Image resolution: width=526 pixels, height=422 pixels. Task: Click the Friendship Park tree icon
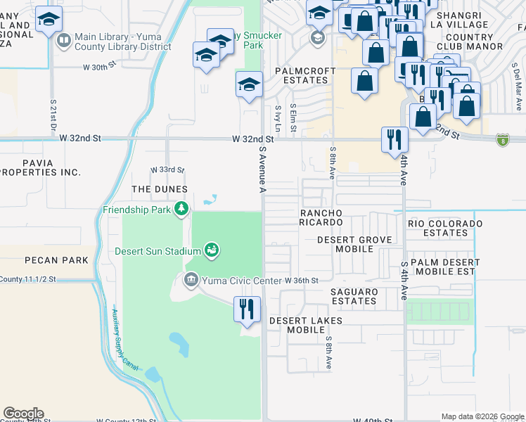(182, 209)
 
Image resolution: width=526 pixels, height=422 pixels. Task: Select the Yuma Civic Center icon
(191, 281)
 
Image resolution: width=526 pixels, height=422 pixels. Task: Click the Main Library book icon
(64, 40)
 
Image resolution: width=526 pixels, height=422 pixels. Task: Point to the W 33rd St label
(167, 170)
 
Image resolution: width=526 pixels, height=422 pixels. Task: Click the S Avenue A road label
(263, 169)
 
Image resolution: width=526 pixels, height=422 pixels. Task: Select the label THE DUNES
(160, 190)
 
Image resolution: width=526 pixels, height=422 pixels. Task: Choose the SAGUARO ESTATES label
(354, 296)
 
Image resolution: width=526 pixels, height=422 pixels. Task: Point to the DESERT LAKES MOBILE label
(306, 325)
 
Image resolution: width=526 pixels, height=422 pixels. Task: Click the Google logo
(23, 414)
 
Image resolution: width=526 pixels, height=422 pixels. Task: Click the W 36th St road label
(302, 281)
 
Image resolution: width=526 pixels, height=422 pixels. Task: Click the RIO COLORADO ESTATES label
(446, 228)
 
